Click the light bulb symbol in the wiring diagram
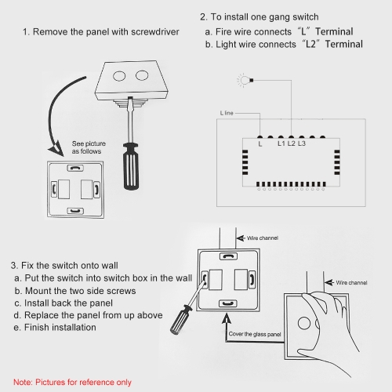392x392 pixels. tap(245, 80)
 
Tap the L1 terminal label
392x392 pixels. tap(281, 143)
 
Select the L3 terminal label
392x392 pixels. tap(302, 143)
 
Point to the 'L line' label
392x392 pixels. tap(227, 113)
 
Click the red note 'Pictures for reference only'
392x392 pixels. tap(83, 382)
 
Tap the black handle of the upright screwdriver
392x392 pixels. tap(131, 166)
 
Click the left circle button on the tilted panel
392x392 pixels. tap(119, 76)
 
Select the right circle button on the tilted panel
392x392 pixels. tap(142, 75)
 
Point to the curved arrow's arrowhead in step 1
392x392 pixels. tap(56, 150)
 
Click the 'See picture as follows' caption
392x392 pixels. tap(89, 147)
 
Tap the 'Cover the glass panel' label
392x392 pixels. tap(255, 334)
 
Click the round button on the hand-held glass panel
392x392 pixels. tap(304, 323)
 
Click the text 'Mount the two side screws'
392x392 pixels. tap(81, 291)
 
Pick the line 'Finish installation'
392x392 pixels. tap(60, 327)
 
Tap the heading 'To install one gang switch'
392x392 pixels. tap(264, 17)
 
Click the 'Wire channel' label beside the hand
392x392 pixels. tap(351, 282)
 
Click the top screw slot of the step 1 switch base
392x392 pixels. tap(75, 168)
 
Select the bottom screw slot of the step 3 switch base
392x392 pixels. tap(227, 303)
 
